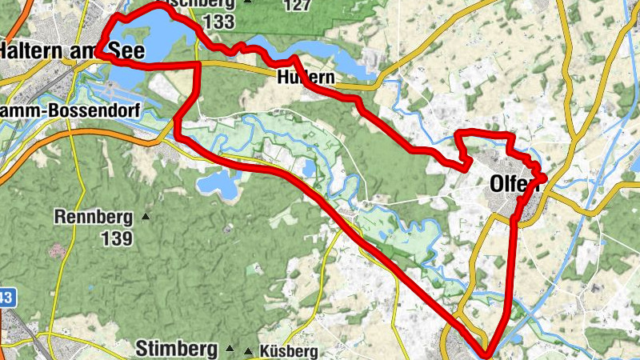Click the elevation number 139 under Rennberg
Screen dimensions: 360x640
pos(117,237)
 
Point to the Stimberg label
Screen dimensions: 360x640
pos(176,350)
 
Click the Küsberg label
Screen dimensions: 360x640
pos(287,351)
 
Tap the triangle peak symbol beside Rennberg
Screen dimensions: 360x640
pos(145,216)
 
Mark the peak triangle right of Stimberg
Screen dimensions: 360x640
pos(230,350)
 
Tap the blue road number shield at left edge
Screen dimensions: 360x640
pos(6,298)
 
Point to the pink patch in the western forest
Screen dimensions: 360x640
pos(55,251)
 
